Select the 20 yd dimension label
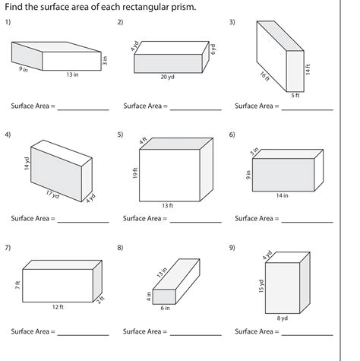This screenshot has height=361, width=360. (x=166, y=78)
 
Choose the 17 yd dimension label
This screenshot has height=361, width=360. (x=52, y=195)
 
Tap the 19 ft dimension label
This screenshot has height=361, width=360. (x=134, y=173)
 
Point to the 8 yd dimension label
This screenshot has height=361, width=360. (x=283, y=318)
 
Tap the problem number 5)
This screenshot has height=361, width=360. (x=121, y=135)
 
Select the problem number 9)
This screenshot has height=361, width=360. (x=232, y=248)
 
